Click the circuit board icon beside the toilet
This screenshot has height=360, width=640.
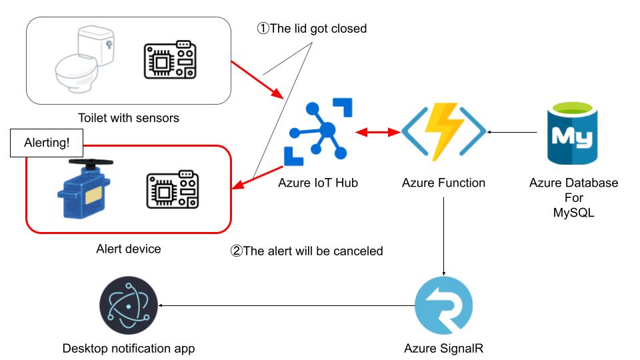pyautogui.click(x=170, y=61)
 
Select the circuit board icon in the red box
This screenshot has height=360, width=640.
pyautogui.click(x=172, y=191)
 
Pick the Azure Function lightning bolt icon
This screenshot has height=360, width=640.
pyautogui.click(x=444, y=131)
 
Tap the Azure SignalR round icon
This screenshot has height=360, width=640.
pyautogui.click(x=444, y=307)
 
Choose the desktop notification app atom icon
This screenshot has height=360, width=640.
pyautogui.click(x=128, y=307)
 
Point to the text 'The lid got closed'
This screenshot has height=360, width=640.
pyautogui.click(x=313, y=29)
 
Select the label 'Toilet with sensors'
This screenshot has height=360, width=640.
pyautogui.click(x=129, y=118)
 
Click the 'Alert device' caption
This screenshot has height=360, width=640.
pyautogui.click(x=129, y=249)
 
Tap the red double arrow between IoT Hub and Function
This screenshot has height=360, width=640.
pyautogui.click(x=377, y=133)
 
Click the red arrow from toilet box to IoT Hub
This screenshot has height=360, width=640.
pyautogui.click(x=256, y=79)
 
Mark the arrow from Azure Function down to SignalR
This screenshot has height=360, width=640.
pyautogui.click(x=444, y=237)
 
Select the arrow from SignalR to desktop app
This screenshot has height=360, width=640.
pyautogui.click(x=287, y=306)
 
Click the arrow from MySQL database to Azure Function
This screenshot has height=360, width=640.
pyautogui.click(x=513, y=133)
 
